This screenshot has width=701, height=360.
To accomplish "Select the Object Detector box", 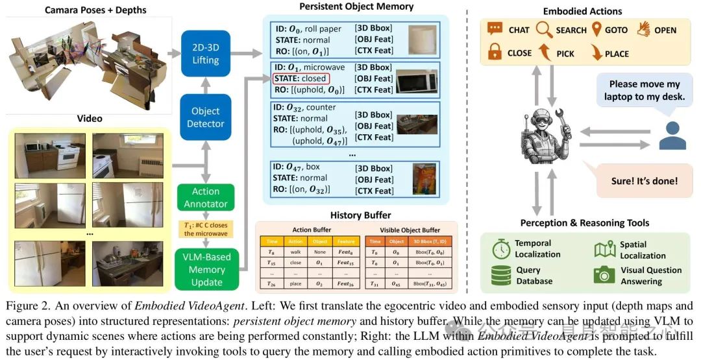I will click(206, 117).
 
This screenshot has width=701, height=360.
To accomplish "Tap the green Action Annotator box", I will click(206, 198).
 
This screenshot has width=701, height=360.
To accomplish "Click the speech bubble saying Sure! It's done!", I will click(644, 181).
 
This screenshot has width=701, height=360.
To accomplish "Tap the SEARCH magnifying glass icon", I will click(544, 30).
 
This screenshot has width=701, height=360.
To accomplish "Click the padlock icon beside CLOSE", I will click(495, 53).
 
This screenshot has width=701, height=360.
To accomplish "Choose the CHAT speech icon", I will click(495, 29).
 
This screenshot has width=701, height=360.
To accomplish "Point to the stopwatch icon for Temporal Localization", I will click(502, 249).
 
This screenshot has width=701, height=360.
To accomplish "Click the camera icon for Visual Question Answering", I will click(604, 275).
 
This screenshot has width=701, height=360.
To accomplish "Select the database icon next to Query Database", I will click(502, 275).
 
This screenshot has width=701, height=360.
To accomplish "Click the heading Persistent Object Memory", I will click(356, 6).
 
